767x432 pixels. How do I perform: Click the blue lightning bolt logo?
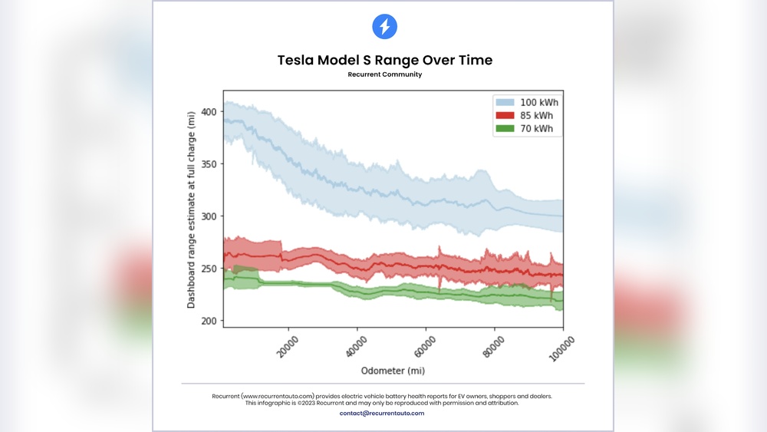pos(383,27)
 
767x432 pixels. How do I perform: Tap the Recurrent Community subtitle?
pos(384,75)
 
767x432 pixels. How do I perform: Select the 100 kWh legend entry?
pos(525,102)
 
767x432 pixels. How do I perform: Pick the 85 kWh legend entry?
pos(525,116)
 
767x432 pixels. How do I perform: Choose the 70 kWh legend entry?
pos(525,129)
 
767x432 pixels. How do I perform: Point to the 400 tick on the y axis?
pos(209,111)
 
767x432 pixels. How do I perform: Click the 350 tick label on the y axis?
pos(209,163)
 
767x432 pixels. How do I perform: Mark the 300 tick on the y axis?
pos(209,216)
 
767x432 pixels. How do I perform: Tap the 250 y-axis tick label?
pos(209,268)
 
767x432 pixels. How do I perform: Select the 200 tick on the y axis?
pos(209,320)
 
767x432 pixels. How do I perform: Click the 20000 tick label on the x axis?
pos(288,345)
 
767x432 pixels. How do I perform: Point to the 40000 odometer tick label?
pos(356,345)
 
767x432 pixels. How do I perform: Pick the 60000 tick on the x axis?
pos(424,345)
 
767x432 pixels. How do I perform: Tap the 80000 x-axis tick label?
pos(492,345)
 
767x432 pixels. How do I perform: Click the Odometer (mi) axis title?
pos(393,371)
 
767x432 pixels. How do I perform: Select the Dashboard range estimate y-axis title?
pos(191,209)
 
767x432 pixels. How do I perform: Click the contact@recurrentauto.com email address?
pos(382,413)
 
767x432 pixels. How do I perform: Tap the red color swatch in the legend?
pos(504,116)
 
